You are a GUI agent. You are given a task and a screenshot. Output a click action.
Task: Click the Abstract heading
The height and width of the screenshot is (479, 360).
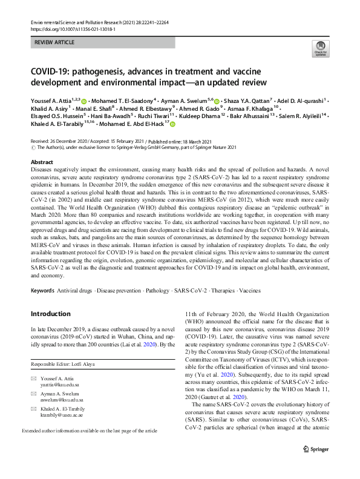tap(42, 162)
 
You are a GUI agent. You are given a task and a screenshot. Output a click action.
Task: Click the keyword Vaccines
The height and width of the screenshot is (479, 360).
tap(249, 291)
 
